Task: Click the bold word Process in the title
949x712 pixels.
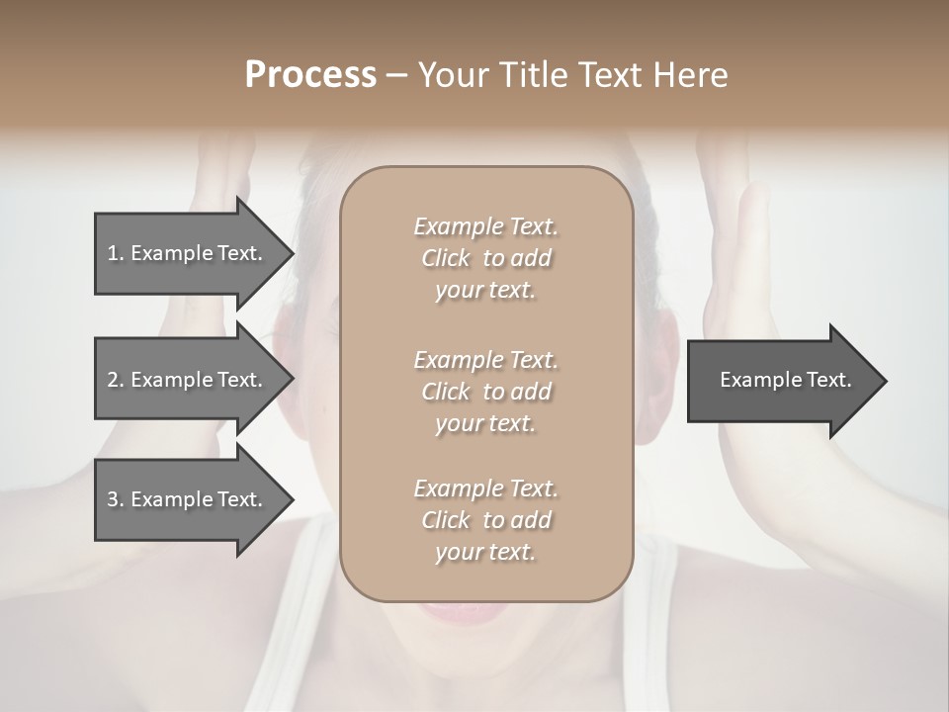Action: coord(310,75)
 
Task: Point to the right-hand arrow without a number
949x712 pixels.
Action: coord(781,380)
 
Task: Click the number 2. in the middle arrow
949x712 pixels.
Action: coord(115,380)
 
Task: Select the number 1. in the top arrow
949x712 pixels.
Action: coord(115,253)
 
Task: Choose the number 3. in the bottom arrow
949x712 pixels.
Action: coord(115,499)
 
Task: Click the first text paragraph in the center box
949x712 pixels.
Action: coord(485,258)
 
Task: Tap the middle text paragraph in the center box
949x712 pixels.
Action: coord(485,391)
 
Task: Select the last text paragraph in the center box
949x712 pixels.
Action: coord(485,520)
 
